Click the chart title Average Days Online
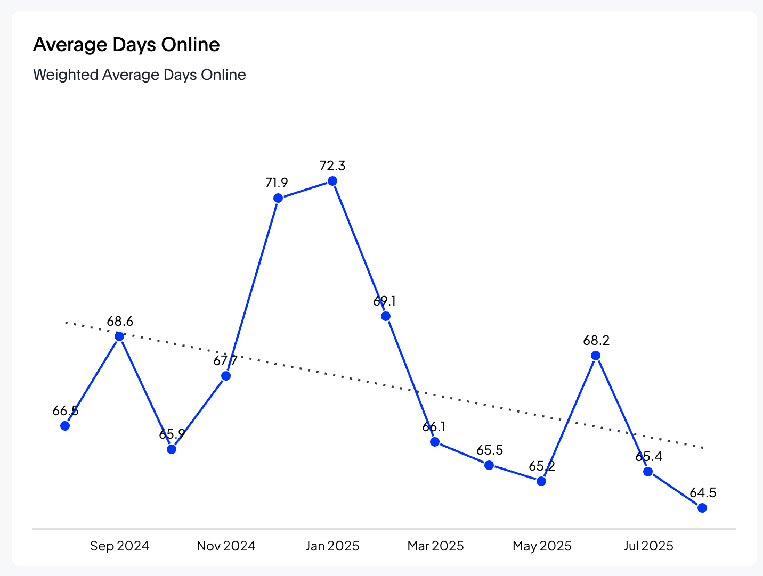click(126, 45)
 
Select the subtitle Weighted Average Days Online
click(140, 75)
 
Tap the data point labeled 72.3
click(332, 181)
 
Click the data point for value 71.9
click(278, 198)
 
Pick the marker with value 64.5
click(702, 508)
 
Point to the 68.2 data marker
click(596, 356)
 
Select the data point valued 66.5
click(65, 426)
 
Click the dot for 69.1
click(386, 316)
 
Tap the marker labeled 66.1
click(435, 442)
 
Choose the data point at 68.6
click(119, 336)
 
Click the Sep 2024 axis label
click(119, 546)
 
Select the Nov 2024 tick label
click(226, 546)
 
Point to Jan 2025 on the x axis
click(332, 546)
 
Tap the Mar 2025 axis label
click(435, 546)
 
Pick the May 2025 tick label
click(542, 546)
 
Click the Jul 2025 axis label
click(648, 546)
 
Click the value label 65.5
click(490, 450)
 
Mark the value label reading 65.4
click(648, 457)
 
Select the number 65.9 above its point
click(172, 434)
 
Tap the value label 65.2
click(542, 466)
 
